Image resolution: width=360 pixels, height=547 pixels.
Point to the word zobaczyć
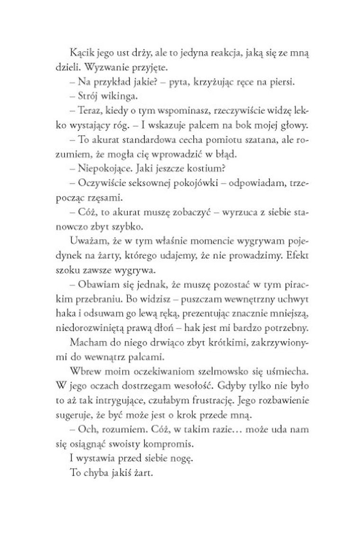(x=189, y=210)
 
